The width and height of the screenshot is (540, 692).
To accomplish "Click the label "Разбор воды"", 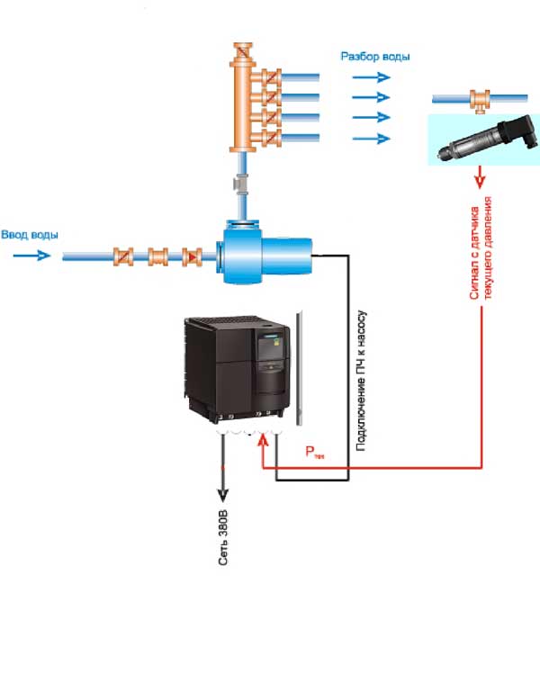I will pos(374,57).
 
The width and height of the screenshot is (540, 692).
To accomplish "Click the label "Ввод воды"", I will pos(31,235).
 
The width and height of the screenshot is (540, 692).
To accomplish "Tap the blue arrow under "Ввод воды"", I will pos(33,256).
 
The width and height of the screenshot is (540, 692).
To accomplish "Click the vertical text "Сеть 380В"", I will pos(223,539).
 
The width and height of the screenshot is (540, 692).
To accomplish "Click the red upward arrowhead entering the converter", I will pos(262,438).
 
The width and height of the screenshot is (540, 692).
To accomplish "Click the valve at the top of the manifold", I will pos(241,52).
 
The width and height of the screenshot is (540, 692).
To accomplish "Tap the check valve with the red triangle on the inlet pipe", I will pos(192,256).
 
